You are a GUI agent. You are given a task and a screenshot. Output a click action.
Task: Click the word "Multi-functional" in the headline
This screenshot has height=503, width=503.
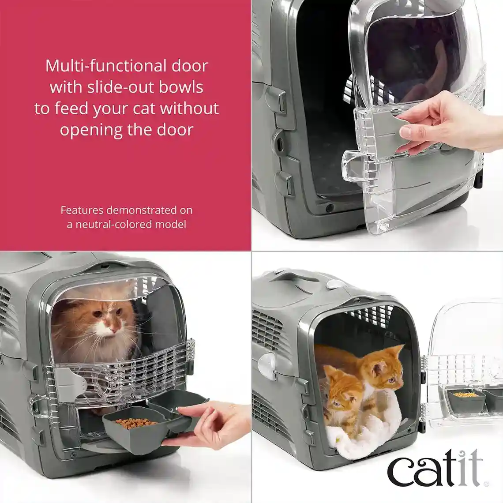[101, 66]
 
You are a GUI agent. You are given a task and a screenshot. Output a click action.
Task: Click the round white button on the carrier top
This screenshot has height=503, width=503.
[336, 285]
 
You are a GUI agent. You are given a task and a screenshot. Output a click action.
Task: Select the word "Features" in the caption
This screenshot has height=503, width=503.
[82, 210]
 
